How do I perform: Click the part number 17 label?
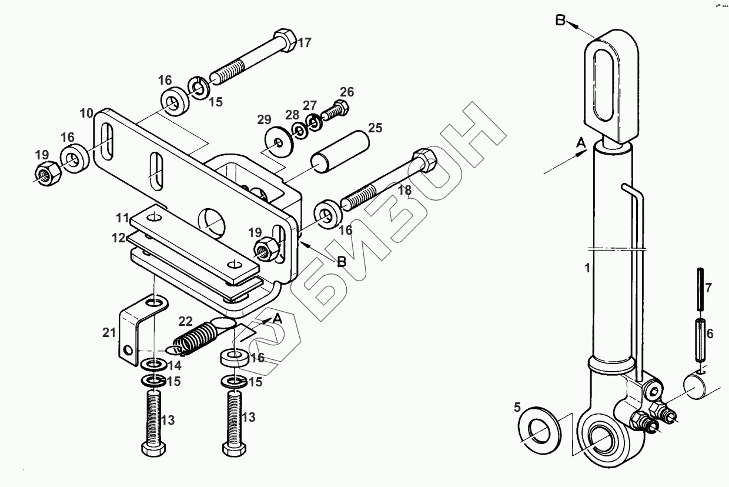coord(305,43)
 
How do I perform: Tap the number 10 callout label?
coord(87,112)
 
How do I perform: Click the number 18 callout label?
coord(404,190)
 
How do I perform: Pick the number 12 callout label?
coord(119,238)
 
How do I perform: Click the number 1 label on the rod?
coord(586,268)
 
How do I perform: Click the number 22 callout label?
coord(185,321)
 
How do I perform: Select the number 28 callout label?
coord(292,114)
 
